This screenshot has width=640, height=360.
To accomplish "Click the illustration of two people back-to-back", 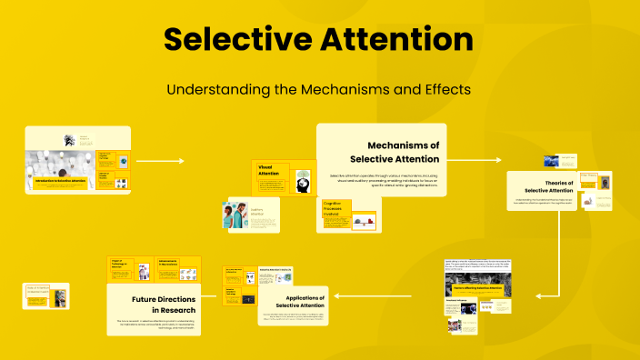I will (232, 216).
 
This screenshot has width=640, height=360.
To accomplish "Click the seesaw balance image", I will (364, 219).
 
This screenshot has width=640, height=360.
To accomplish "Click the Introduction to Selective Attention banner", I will (60, 182).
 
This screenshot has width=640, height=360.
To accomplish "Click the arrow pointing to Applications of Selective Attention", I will (364, 296).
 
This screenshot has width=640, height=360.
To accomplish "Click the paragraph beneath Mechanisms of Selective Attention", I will (383, 178).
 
